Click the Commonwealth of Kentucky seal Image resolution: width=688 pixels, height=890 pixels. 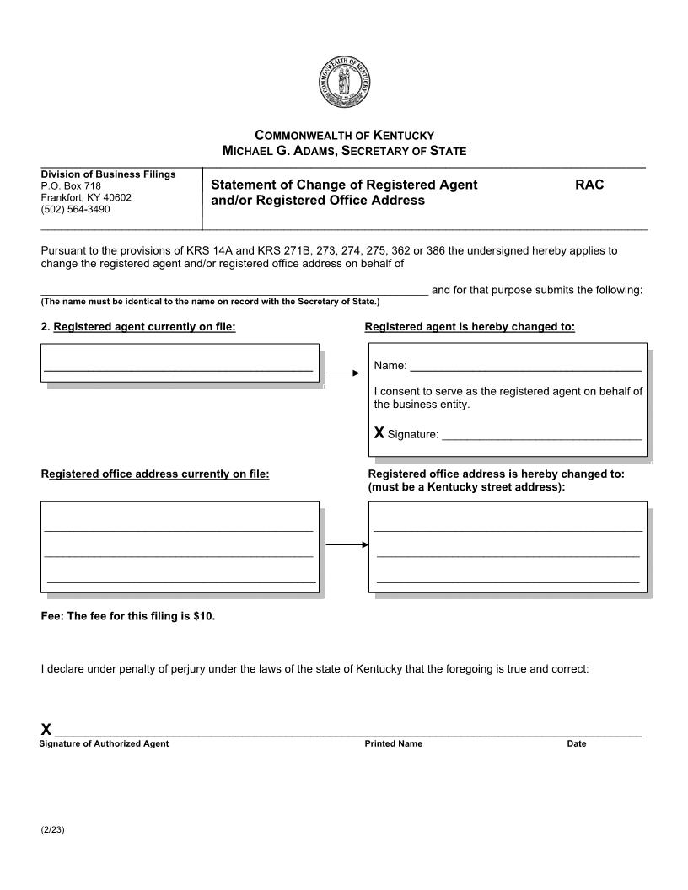click(x=344, y=82)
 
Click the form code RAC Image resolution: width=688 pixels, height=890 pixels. click(x=589, y=185)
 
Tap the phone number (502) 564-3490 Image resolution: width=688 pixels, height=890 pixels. click(x=75, y=209)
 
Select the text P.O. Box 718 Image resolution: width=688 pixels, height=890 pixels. click(x=71, y=185)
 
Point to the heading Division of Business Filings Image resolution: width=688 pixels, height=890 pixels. click(x=108, y=174)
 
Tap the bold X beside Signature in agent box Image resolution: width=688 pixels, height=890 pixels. click(x=379, y=433)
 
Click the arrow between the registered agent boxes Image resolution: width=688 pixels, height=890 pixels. click(x=342, y=372)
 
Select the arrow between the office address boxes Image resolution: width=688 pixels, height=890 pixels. click(x=347, y=545)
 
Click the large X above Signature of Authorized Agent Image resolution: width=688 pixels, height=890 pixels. click(x=46, y=730)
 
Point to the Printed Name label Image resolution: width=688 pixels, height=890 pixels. click(x=393, y=744)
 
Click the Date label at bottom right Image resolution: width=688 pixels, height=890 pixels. click(x=576, y=744)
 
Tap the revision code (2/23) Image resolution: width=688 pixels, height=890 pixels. click(x=52, y=830)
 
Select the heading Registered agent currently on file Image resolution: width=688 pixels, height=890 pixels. click(x=144, y=327)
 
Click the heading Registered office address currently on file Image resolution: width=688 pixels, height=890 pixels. click(x=155, y=474)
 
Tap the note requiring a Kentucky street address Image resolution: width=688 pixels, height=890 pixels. click(x=466, y=487)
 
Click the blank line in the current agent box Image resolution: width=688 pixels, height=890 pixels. click(x=178, y=369)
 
